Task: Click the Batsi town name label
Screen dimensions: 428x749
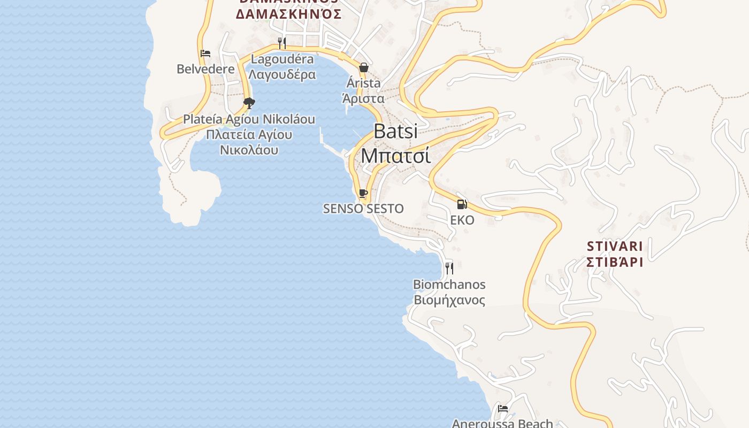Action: coord(395,131)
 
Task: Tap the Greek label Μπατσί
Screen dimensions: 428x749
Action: coord(395,155)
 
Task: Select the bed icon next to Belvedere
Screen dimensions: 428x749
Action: coord(205,53)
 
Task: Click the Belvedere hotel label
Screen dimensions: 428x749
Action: coord(205,69)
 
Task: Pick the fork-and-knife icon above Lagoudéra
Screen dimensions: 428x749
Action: coord(282,43)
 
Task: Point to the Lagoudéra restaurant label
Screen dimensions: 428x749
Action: coord(282,59)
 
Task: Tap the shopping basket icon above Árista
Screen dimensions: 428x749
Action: coord(364,67)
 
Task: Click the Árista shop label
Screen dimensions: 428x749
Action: coord(363,83)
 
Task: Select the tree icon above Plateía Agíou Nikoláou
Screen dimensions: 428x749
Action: coord(249,103)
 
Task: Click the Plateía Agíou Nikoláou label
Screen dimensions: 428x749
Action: coord(249,119)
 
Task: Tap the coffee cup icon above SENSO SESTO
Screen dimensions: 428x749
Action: coord(363,193)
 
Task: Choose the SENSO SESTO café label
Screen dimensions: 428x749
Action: coord(363,209)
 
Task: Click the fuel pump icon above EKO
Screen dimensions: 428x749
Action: coord(462,204)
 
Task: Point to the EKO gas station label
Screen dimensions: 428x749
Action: coord(462,220)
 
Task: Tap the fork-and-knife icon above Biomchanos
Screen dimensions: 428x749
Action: coord(449,268)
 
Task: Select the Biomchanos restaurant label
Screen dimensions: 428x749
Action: coord(449,284)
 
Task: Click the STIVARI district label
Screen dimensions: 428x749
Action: coord(614,247)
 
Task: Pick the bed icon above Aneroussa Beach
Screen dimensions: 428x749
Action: coord(503,409)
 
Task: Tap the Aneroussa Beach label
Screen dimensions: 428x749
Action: coord(502,423)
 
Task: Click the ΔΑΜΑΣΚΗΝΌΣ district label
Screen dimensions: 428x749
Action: coord(288,14)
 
